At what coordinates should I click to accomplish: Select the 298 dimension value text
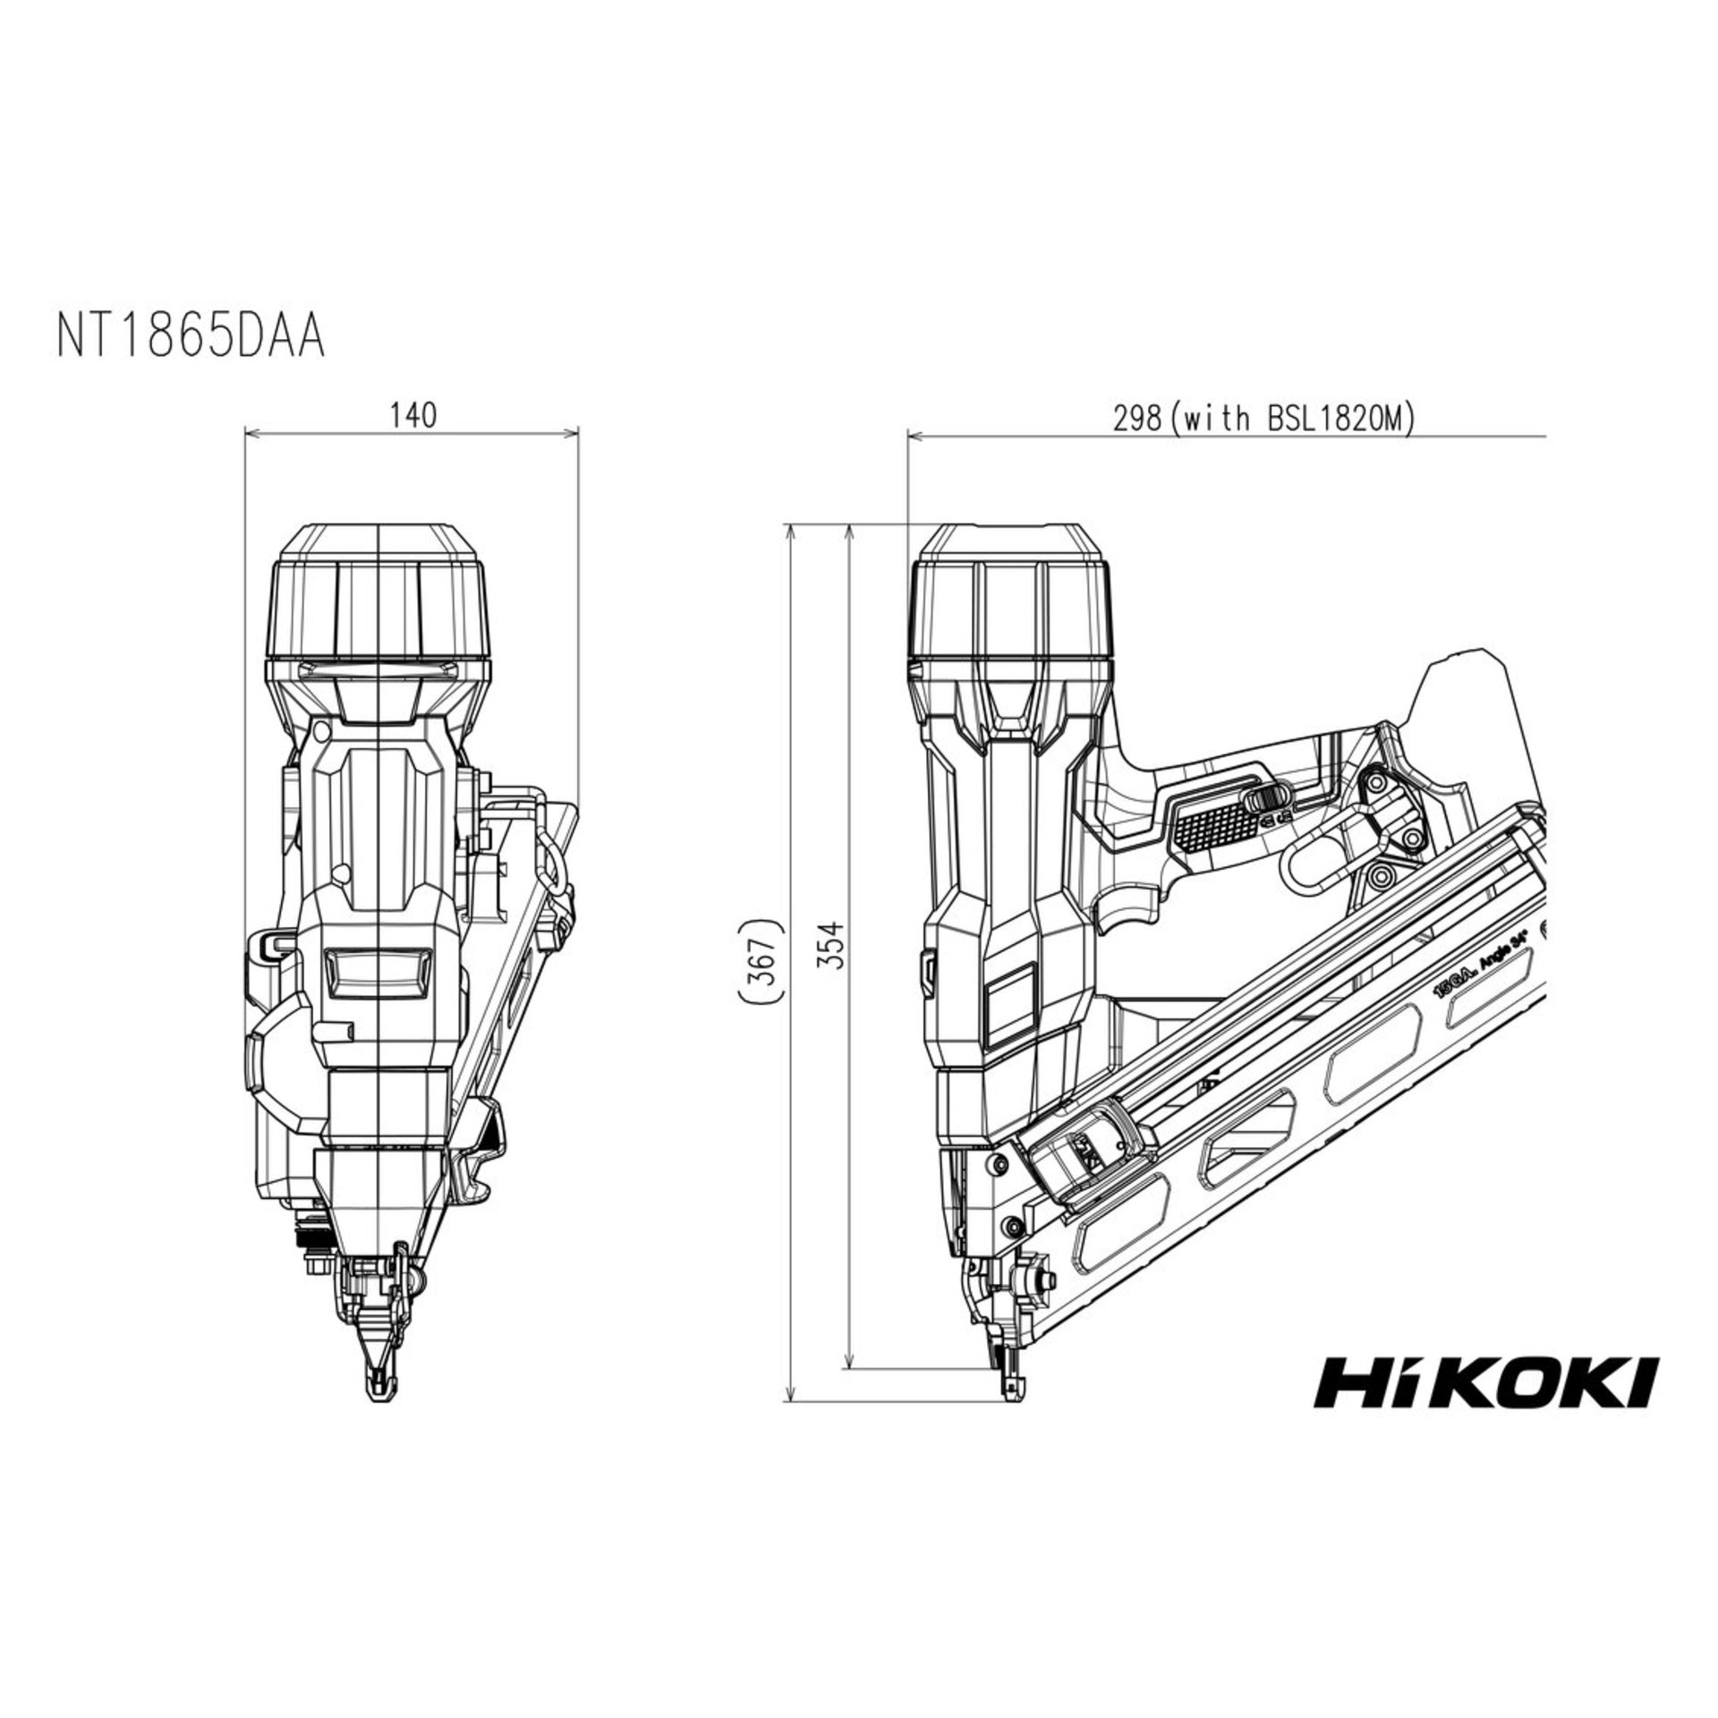(x=1135, y=418)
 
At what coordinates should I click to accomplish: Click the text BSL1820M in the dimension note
(x=1333, y=418)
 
